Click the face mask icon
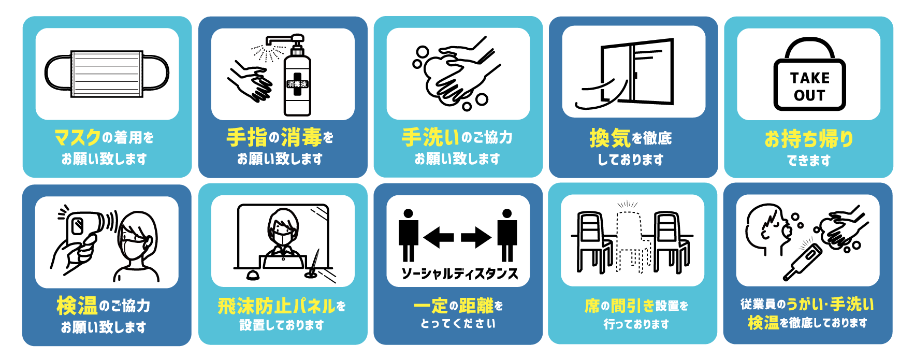pos(107,74)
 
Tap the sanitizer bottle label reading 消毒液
pos(297,84)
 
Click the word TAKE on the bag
pos(809,78)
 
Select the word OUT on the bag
pos(809,96)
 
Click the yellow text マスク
pos(78,138)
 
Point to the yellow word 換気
pos(609,138)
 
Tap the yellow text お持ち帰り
pos(808,139)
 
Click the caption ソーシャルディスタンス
pos(459,273)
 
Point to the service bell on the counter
pos(253,275)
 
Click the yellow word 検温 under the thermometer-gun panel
pos(77,306)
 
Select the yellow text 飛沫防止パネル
pos(277,306)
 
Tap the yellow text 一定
pos(430,306)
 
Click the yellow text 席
pos(591,306)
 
